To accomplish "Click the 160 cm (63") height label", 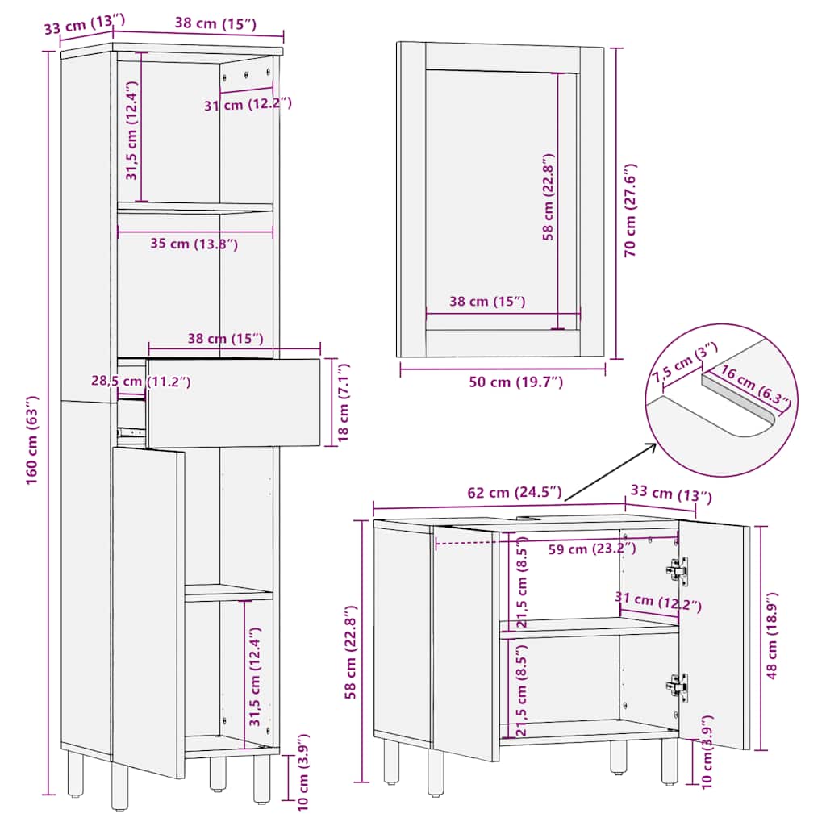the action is click(32, 440).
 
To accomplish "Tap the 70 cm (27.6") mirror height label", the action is click(630, 211).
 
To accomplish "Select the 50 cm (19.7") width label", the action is click(515, 382).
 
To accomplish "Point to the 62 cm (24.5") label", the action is click(514, 493).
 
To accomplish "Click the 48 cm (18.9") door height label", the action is click(771, 636).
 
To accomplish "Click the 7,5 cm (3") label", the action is click(684, 362).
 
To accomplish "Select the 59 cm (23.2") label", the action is click(591, 549).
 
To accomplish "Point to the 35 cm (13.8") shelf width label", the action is click(194, 244).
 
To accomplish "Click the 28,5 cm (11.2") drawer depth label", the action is click(140, 381).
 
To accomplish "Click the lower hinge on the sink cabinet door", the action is click(678, 687).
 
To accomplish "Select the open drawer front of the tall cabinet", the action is click(233, 403).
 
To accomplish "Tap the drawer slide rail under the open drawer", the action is click(130, 432).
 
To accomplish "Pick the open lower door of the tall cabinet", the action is click(148, 613).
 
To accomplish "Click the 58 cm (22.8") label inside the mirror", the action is click(549, 197).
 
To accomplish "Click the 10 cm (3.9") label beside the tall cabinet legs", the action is click(302, 772).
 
